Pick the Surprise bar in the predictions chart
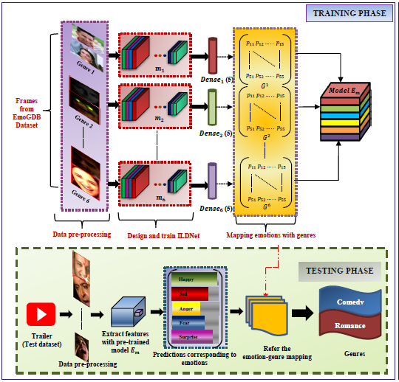(190, 336)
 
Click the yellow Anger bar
(185, 308)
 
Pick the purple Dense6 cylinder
(213, 181)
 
